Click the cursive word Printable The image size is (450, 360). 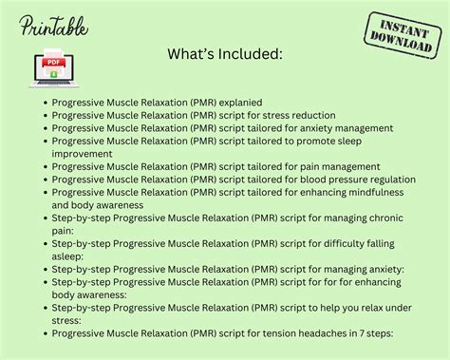pyautogui.click(x=54, y=26)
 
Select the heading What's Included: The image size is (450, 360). pyautogui.click(x=224, y=56)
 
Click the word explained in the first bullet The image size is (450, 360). pyautogui.click(x=234, y=102)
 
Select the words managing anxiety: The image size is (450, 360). pyautogui.click(x=343, y=269)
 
